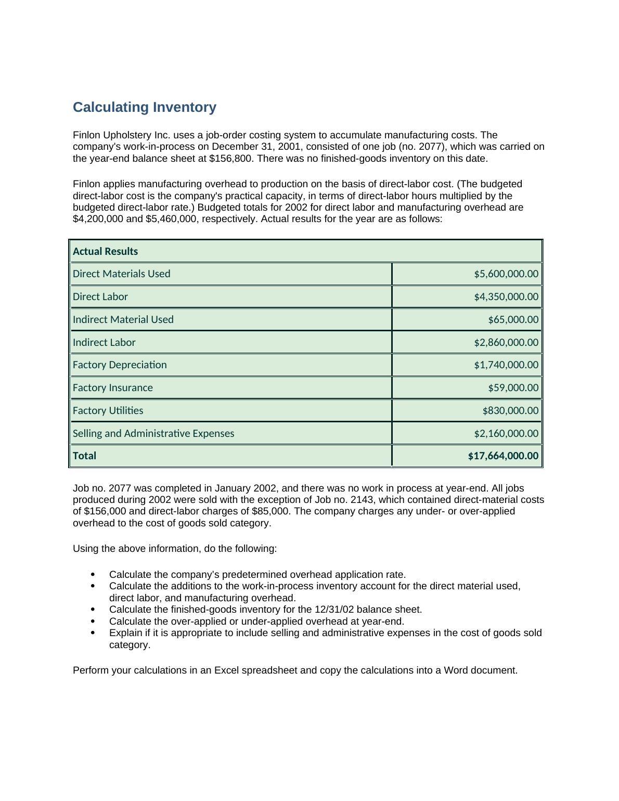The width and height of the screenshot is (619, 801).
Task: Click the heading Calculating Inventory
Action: pyautogui.click(x=144, y=107)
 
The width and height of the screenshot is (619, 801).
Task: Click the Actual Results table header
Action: pyautogui.click(x=105, y=251)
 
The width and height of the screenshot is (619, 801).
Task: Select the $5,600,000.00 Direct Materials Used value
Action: pyautogui.click(x=506, y=274)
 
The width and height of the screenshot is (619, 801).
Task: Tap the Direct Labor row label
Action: pyautogui.click(x=100, y=296)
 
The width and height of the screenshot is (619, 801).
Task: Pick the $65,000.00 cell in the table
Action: pyautogui.click(x=513, y=319)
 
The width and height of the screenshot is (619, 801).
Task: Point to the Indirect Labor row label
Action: pyautogui.click(x=104, y=342)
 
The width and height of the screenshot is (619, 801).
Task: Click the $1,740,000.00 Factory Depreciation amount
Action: pyautogui.click(x=506, y=365)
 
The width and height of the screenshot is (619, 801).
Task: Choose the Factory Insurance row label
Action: pyautogui.click(x=112, y=387)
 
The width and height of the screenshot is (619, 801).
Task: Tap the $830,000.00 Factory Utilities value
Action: pyautogui.click(x=510, y=410)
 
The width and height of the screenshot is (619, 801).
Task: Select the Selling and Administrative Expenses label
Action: pyautogui.click(x=153, y=433)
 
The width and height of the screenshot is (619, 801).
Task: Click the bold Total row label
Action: pyautogui.click(x=84, y=456)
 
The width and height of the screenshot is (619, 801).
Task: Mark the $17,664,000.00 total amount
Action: pyautogui.click(x=503, y=456)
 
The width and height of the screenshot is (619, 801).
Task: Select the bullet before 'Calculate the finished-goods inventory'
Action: pyautogui.click(x=93, y=609)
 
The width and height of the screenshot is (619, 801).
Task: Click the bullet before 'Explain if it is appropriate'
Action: pyautogui.click(x=93, y=633)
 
